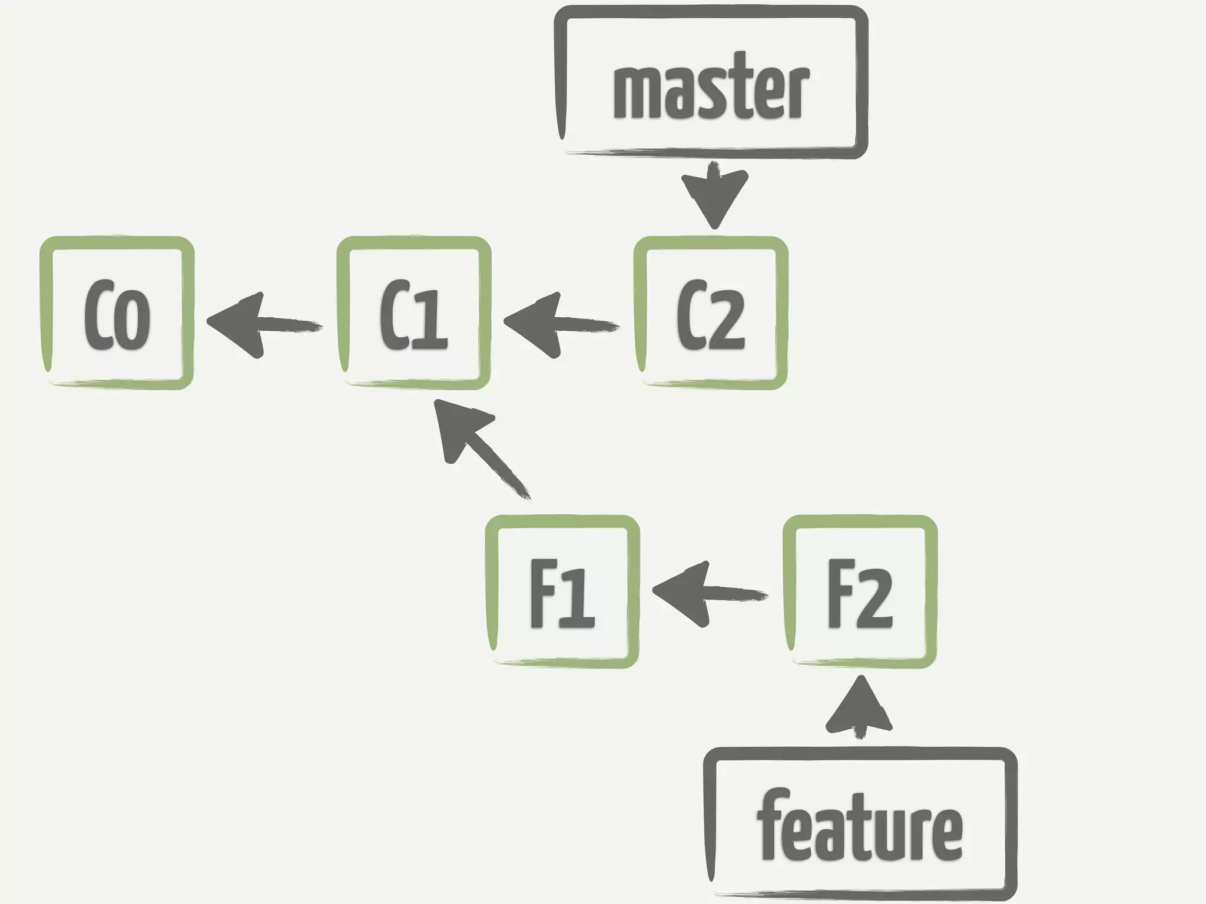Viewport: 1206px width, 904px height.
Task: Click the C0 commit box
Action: pyautogui.click(x=117, y=313)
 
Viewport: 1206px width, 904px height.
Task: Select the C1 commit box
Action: pyautogui.click(x=414, y=313)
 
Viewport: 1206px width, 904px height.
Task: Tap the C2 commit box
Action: pyautogui.click(x=711, y=313)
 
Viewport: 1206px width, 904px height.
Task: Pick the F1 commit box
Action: pyautogui.click(x=562, y=591)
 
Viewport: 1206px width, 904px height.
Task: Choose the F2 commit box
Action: pyautogui.click(x=860, y=591)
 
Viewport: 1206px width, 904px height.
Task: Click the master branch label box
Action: pyautogui.click(x=711, y=82)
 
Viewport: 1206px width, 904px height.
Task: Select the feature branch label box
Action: pyautogui.click(x=860, y=824)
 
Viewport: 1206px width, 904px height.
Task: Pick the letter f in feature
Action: pyautogui.click(x=768, y=824)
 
